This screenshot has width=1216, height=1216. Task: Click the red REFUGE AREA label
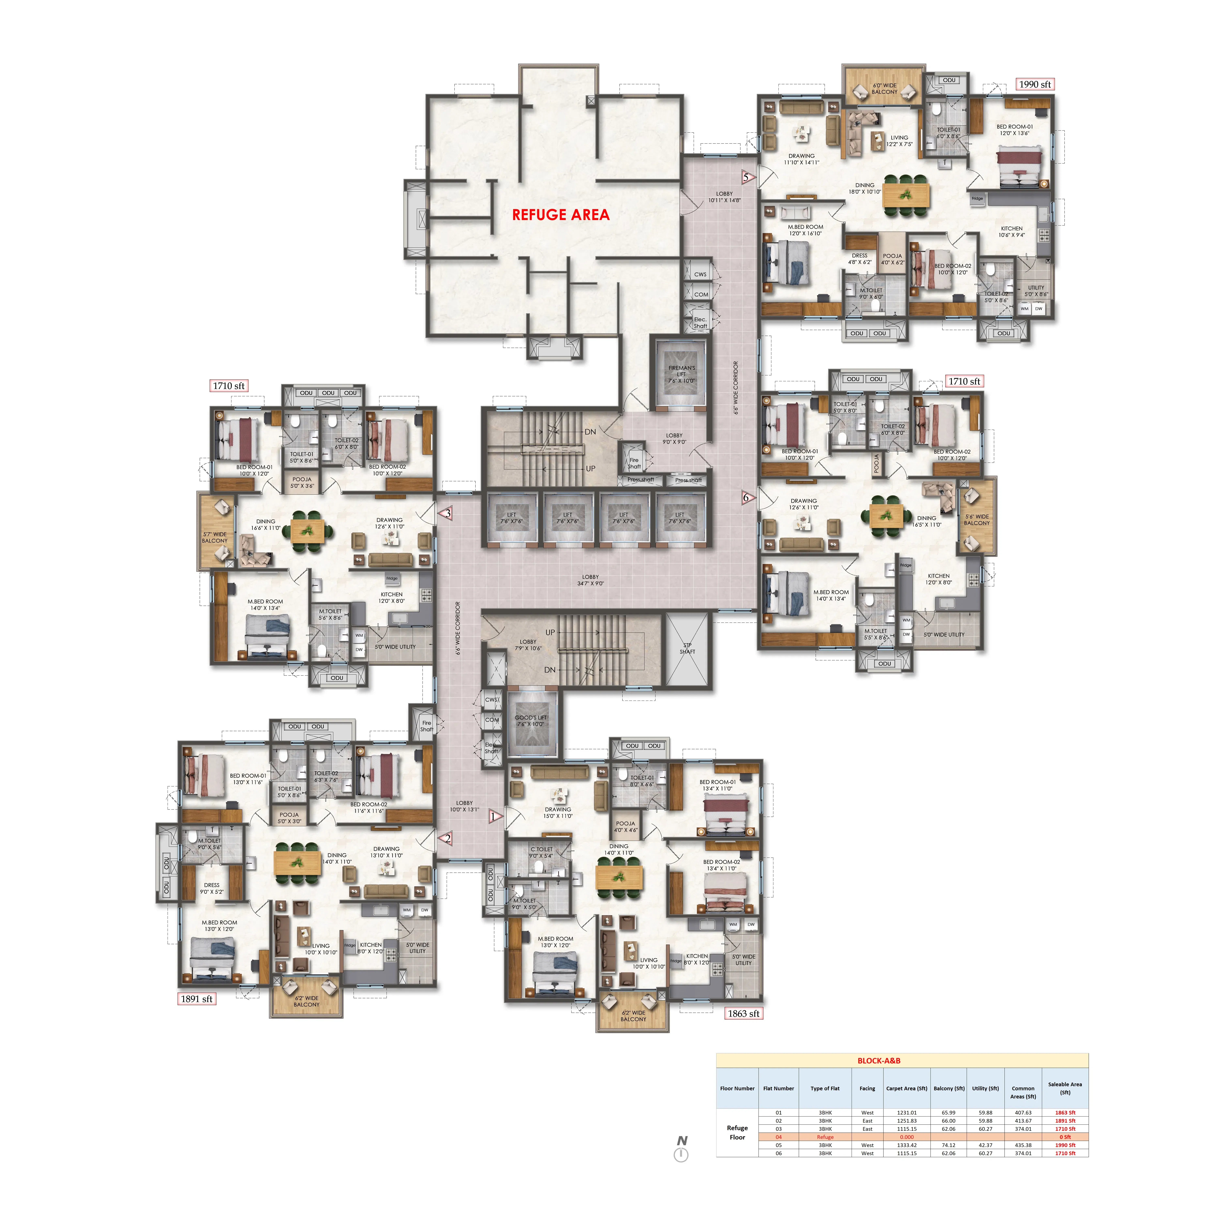pyautogui.click(x=560, y=215)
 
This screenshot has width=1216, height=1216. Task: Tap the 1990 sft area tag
pyautogui.click(x=1035, y=84)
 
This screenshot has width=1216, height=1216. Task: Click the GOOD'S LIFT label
pyautogui.click(x=531, y=721)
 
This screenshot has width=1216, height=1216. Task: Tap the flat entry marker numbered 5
pyautogui.click(x=746, y=178)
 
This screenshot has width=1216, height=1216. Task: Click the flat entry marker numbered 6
pyautogui.click(x=746, y=497)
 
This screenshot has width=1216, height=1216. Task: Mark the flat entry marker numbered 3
pyautogui.click(x=447, y=513)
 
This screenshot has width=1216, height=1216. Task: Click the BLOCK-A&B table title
pyautogui.click(x=879, y=1061)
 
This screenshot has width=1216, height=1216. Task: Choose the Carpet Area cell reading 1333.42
pyautogui.click(x=906, y=1145)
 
